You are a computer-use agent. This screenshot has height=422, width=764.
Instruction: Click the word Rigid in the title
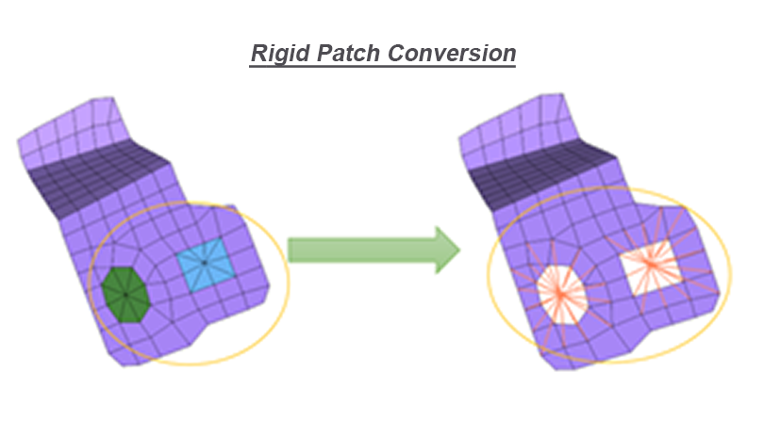(x=280, y=54)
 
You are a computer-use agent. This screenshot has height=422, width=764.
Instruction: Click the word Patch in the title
(x=348, y=53)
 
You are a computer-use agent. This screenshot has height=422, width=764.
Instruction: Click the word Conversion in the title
(x=452, y=53)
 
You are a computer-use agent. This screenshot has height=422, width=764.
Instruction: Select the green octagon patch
(x=125, y=295)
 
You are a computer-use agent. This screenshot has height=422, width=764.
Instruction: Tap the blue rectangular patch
(x=206, y=265)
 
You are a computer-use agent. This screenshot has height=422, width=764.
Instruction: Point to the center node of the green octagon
(x=125, y=295)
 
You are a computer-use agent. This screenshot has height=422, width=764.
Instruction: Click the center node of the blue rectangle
(x=204, y=263)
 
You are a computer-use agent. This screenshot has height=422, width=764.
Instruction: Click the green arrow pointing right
(x=374, y=251)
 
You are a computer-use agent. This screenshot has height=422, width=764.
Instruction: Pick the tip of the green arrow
(x=460, y=251)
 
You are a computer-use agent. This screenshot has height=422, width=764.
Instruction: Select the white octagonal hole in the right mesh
(x=562, y=295)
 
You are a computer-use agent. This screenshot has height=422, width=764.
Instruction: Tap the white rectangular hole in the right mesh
(x=650, y=268)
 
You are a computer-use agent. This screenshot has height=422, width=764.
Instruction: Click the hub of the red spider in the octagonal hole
(x=561, y=294)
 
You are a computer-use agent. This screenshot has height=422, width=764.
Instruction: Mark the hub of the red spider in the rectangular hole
(x=650, y=264)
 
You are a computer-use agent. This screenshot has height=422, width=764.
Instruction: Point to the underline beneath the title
(x=383, y=66)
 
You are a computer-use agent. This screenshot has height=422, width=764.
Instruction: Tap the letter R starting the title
(x=258, y=53)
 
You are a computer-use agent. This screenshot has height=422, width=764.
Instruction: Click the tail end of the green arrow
(x=289, y=251)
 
